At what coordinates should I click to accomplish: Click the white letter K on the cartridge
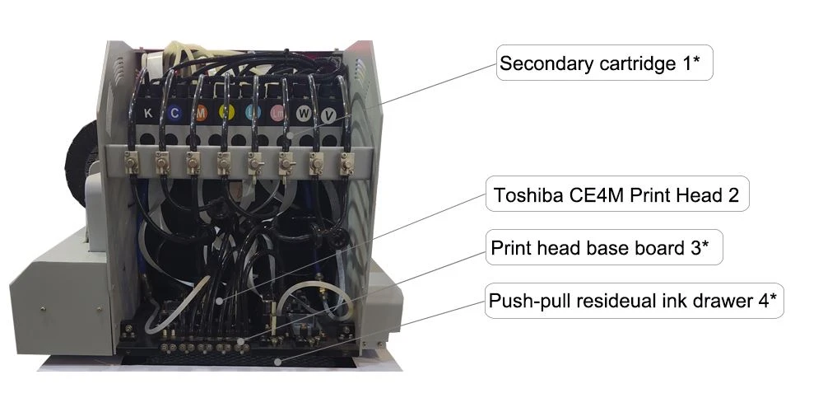(148, 113)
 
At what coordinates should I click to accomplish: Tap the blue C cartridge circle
(174, 113)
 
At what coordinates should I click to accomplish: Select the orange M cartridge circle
(201, 113)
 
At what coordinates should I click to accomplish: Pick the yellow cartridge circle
(226, 113)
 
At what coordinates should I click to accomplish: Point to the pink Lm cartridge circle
(277, 113)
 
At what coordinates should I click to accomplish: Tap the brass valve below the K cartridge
(131, 162)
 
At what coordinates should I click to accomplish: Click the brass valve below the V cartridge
(346, 163)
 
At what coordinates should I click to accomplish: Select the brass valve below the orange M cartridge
(193, 163)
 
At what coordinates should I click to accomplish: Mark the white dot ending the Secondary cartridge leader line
(290, 135)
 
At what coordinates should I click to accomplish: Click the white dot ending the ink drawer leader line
(278, 361)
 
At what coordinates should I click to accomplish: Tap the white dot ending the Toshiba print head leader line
(219, 301)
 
